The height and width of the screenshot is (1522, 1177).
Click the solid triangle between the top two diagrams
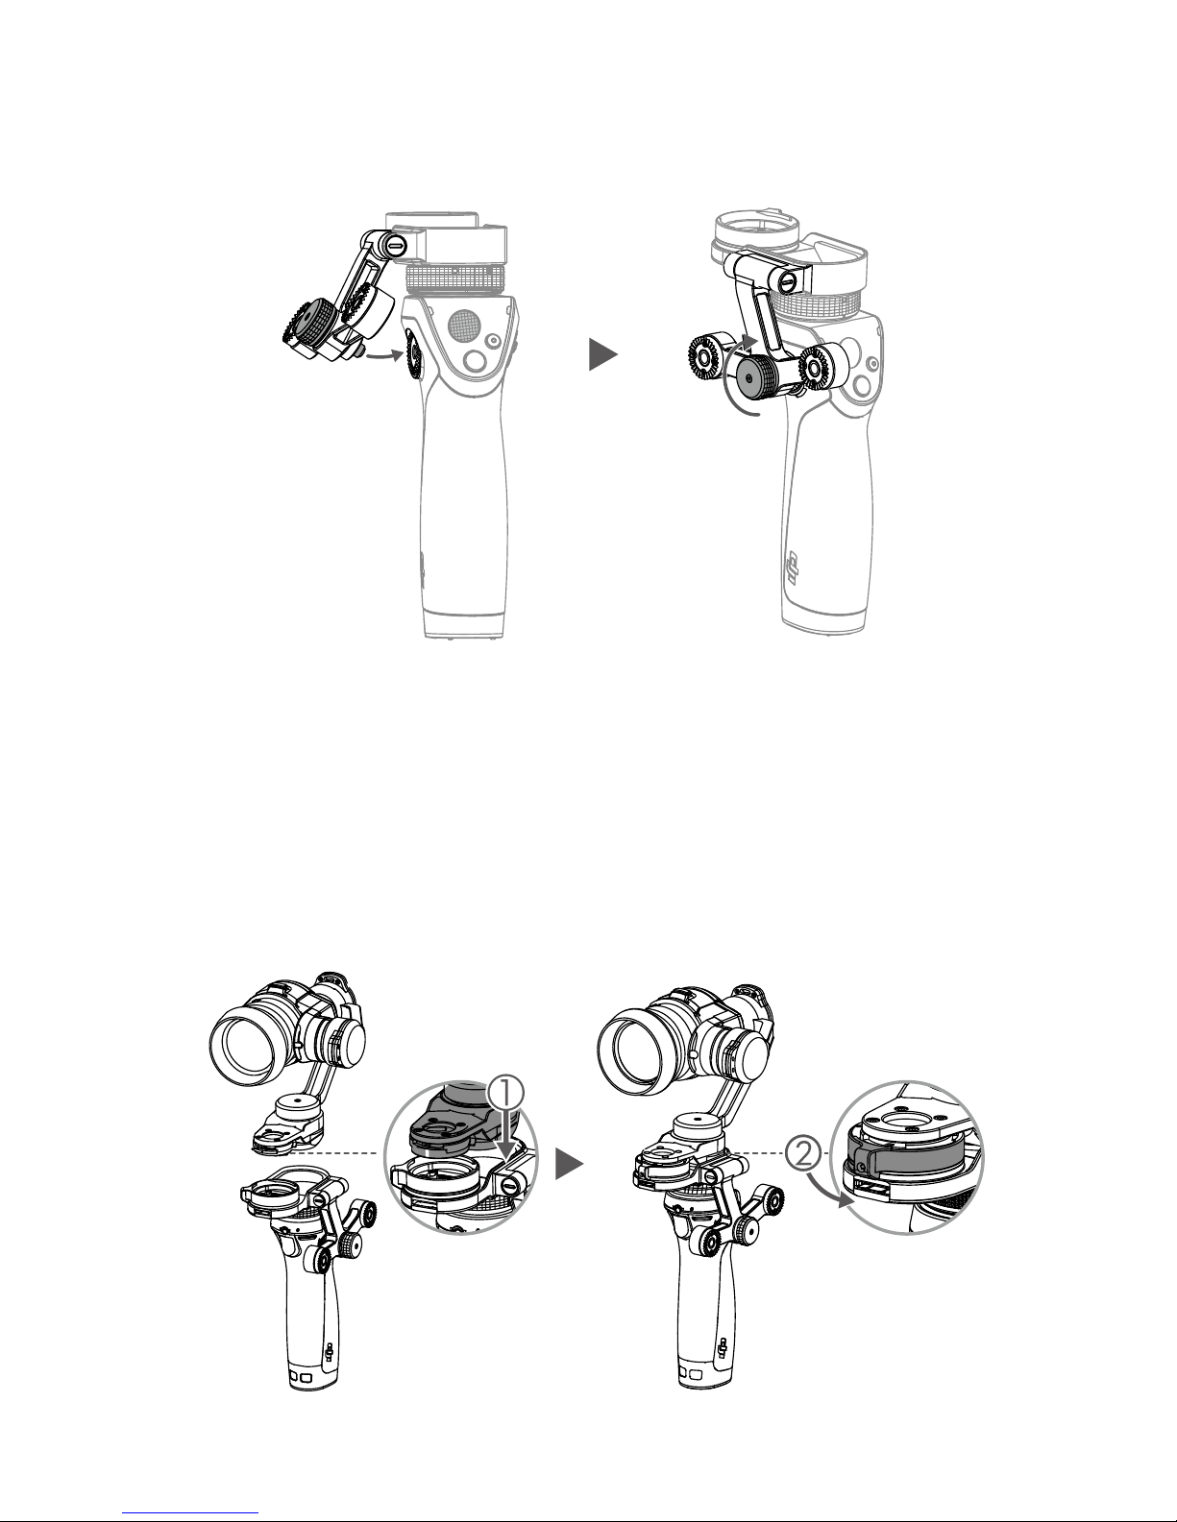(x=602, y=354)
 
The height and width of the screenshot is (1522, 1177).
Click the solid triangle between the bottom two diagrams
(x=569, y=1164)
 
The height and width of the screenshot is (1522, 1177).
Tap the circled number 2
(x=803, y=1153)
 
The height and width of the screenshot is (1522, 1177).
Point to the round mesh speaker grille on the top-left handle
(x=462, y=324)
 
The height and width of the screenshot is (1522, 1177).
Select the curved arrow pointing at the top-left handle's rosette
(x=384, y=356)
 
